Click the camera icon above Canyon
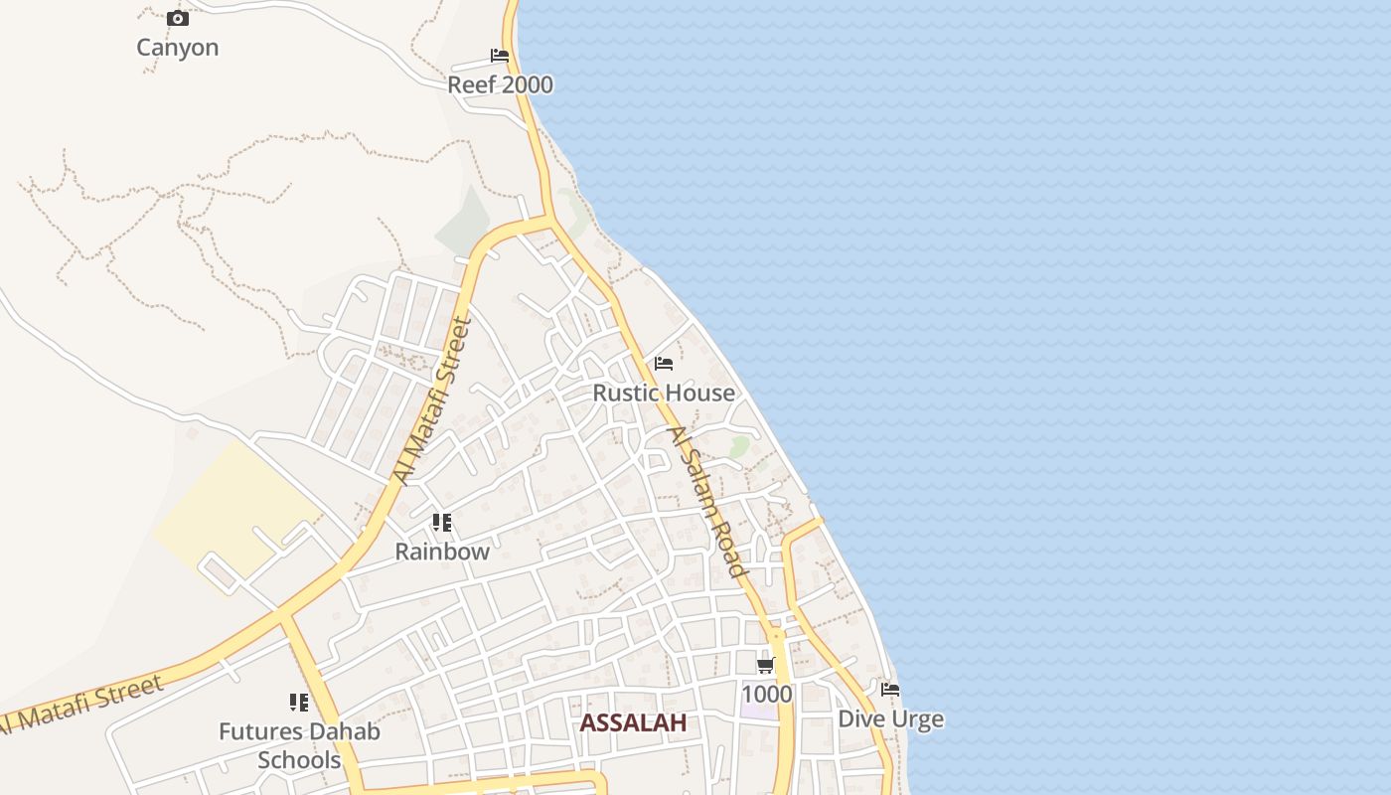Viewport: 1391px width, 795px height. pos(178,18)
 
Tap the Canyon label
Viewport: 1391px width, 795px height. pos(177,48)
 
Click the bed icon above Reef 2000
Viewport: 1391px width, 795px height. pos(500,56)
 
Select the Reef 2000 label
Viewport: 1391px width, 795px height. pos(500,85)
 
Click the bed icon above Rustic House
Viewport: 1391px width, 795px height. pos(664,364)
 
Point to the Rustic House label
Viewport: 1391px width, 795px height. pos(664,394)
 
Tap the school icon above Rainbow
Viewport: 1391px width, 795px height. pos(442,523)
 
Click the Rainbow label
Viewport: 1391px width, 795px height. pos(442,552)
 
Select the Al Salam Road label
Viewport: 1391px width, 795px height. pos(706,502)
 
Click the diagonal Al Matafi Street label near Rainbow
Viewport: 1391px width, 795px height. pos(430,399)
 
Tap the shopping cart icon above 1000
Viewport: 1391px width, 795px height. pos(766,665)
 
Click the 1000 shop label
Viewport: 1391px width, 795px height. pos(767,694)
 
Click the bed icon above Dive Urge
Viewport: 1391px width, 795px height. pos(890,689)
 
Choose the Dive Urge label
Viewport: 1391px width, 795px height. pos(891,718)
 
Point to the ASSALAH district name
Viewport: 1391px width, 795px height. pos(633,722)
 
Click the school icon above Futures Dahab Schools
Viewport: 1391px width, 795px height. pos(299,704)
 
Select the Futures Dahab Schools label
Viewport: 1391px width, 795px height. pos(299,746)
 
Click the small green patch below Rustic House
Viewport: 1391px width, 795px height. pos(739,447)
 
